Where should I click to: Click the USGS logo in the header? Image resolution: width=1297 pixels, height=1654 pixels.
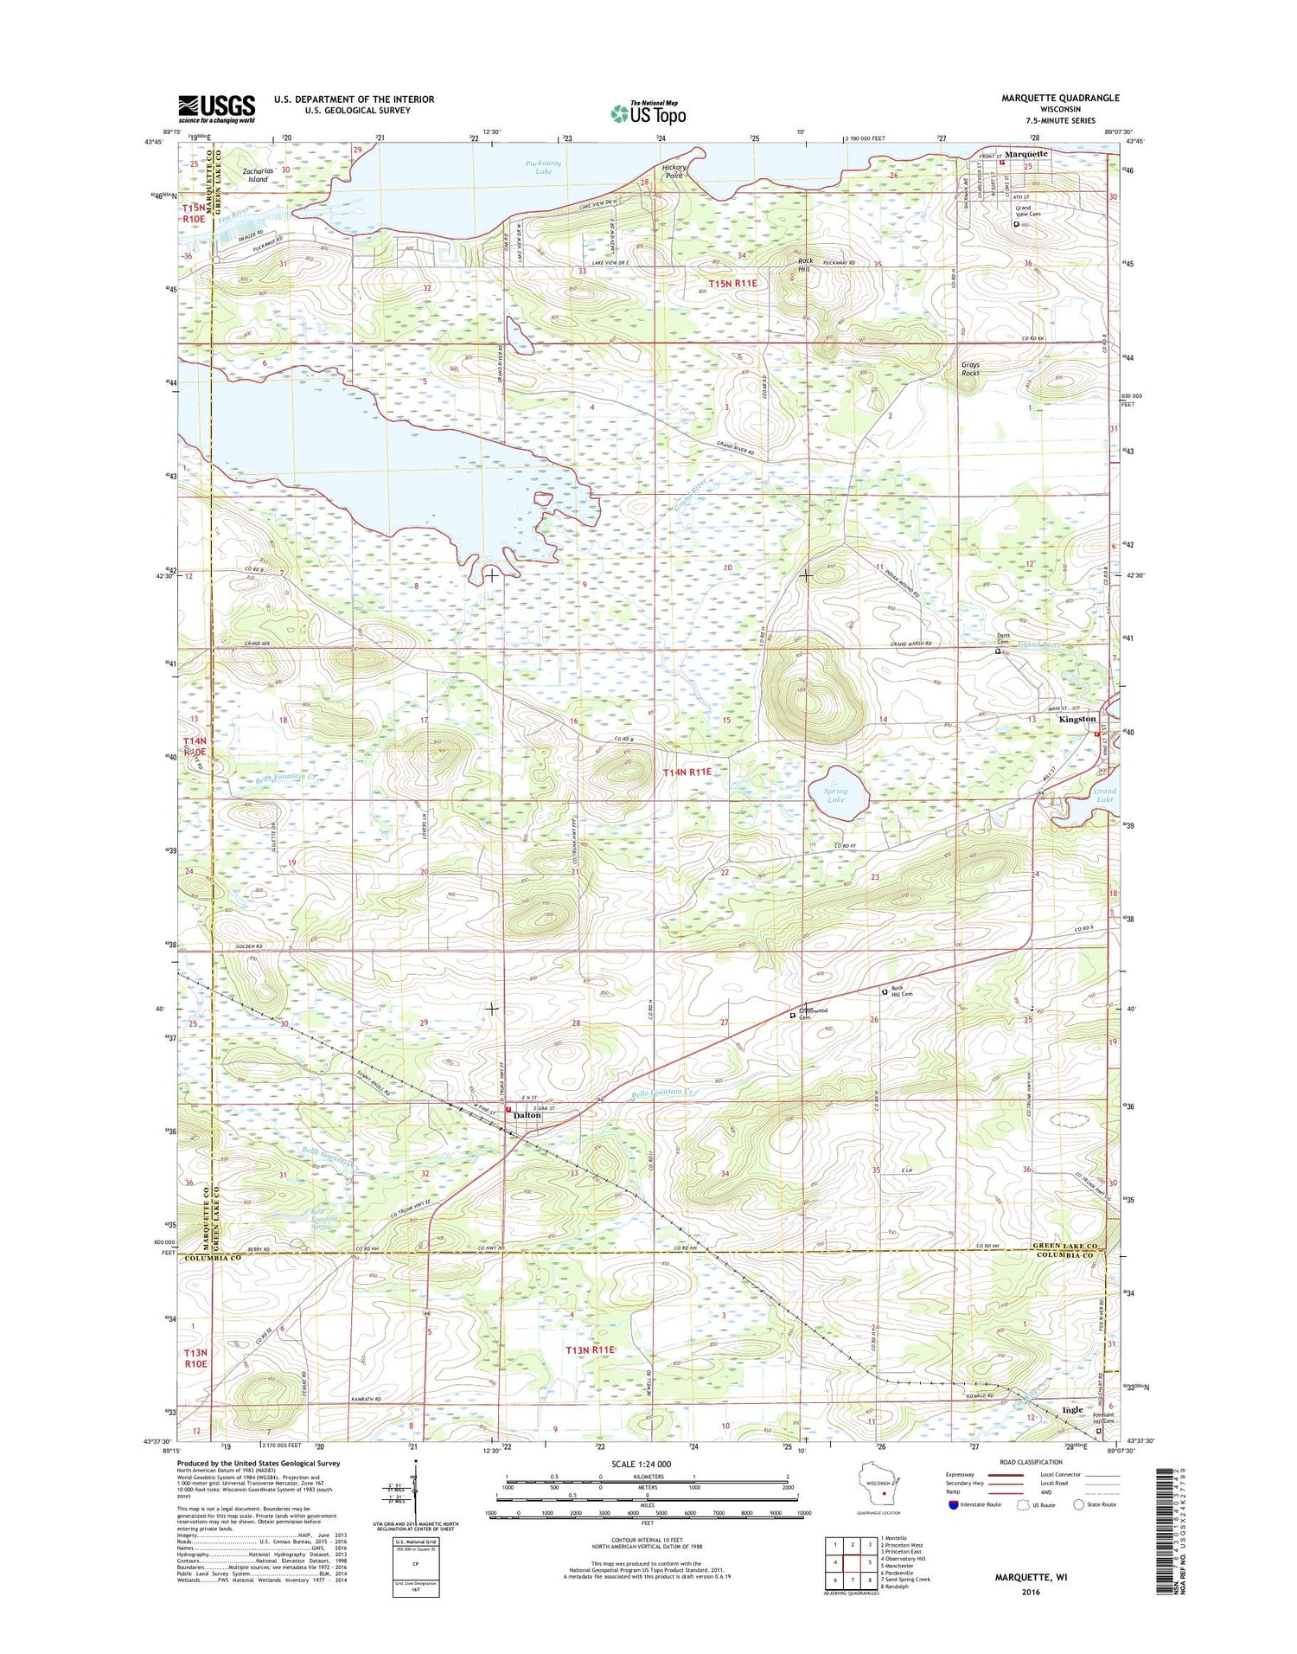point(216,109)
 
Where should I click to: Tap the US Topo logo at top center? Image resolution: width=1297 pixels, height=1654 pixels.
point(648,112)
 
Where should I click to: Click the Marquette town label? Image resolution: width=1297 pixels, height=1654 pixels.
point(1026,154)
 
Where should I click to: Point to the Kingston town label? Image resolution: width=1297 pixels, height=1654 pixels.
point(1077,719)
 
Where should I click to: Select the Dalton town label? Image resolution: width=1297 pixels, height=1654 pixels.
point(527,1115)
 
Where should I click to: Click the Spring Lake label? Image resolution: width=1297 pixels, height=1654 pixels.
point(835,795)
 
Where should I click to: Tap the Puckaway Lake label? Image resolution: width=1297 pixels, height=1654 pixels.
point(543,167)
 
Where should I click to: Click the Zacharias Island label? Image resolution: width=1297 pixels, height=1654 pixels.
point(258,175)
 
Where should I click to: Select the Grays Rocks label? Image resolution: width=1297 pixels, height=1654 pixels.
point(970,369)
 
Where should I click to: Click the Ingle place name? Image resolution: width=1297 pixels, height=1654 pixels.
point(1072,1409)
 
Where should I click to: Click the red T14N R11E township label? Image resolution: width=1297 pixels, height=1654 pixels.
point(687,772)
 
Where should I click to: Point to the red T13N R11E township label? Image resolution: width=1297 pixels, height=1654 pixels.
point(590,1349)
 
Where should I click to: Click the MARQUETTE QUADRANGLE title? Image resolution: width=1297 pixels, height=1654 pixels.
point(1060,98)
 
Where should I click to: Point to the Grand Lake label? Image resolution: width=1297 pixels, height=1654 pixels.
point(1104,795)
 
